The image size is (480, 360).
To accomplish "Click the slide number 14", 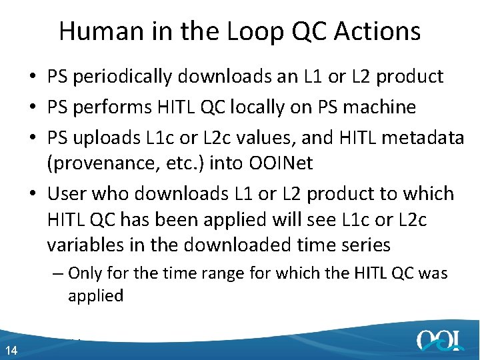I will coord(10,351).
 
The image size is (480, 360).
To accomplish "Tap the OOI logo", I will coord(439,340).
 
